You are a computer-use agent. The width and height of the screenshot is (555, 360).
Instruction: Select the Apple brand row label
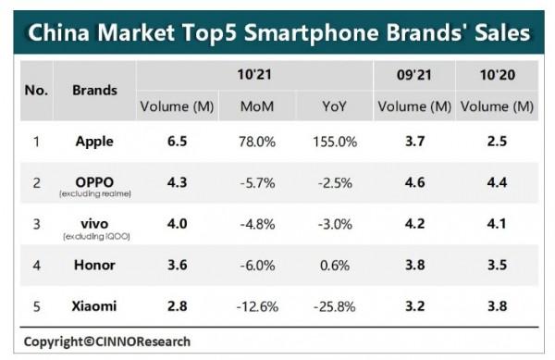tap(95, 142)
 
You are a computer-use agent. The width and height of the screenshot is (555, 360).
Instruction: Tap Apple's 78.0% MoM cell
tap(256, 142)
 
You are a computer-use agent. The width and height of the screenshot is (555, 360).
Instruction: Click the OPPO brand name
tap(95, 181)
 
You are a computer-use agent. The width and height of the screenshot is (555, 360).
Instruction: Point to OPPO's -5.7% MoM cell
tap(256, 183)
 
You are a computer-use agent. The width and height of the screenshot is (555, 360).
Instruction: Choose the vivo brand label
tap(95, 221)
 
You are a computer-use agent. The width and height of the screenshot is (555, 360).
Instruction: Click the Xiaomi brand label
tap(95, 304)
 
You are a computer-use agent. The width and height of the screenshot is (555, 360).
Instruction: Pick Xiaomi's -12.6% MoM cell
tap(256, 304)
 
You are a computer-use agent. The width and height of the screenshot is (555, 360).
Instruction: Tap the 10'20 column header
tap(497, 73)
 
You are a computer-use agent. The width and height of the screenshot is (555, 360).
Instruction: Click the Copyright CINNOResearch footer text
tap(107, 341)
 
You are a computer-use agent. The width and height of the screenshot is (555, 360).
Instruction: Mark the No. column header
tap(36, 90)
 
